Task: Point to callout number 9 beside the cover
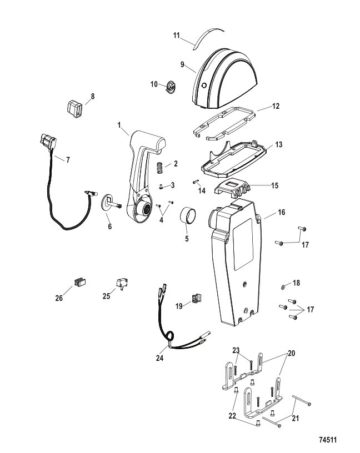182,65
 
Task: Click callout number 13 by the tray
278,144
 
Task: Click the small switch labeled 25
122,284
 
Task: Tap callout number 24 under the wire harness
160,359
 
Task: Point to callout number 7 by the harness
67,160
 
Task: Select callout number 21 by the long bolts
295,418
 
